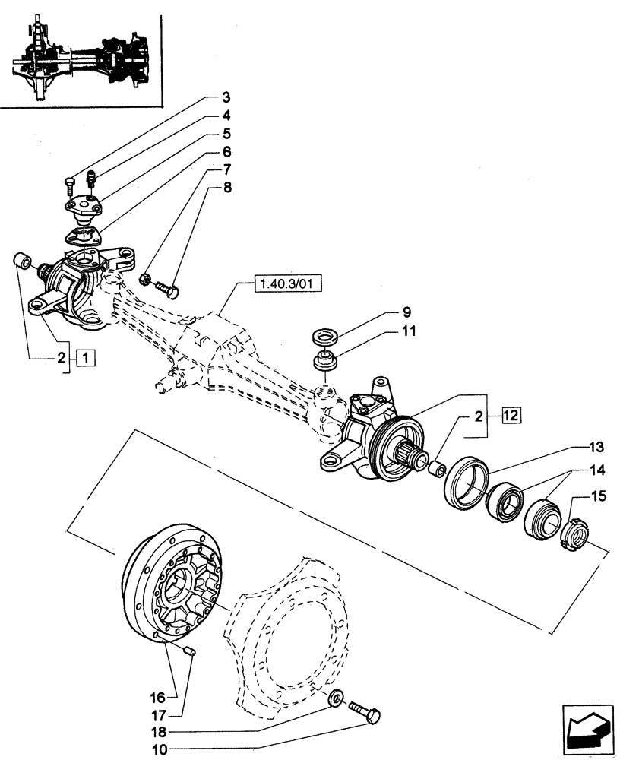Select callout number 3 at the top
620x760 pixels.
pyautogui.click(x=226, y=97)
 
